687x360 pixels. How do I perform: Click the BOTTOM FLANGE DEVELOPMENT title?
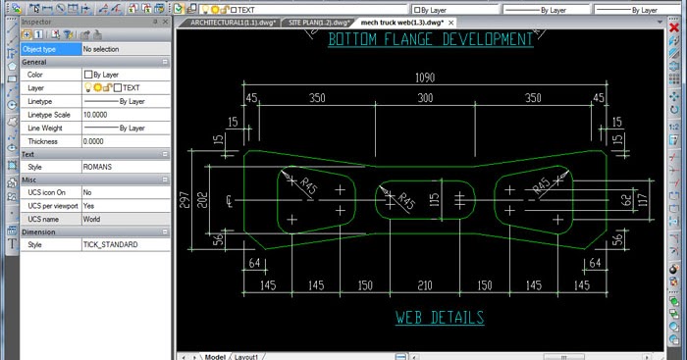tap(431, 40)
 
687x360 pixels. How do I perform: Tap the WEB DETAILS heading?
tap(440, 318)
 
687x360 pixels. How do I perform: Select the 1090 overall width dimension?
tap(424, 77)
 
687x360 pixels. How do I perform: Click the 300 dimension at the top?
tap(424, 98)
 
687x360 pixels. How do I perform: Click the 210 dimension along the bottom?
tap(424, 285)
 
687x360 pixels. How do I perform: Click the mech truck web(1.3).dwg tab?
tap(402, 21)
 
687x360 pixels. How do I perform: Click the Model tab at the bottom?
tap(214, 355)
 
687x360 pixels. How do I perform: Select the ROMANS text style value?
tap(97, 167)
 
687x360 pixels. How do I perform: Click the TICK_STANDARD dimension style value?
tap(110, 244)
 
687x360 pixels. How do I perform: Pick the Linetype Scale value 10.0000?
tap(95, 114)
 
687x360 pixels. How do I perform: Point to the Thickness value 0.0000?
tap(93, 140)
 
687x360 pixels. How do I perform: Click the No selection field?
tap(102, 48)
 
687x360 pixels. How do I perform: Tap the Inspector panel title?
tap(39, 20)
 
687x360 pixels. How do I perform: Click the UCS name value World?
tap(92, 219)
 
